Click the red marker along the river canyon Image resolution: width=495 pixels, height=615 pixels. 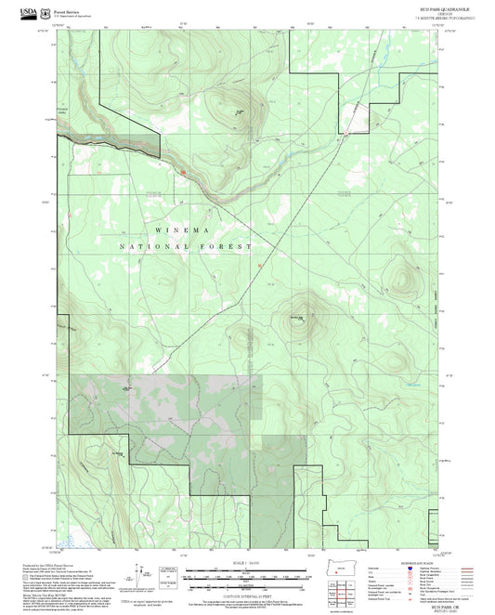(x=184, y=172)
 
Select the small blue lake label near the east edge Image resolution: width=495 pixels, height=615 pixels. (x=412, y=384)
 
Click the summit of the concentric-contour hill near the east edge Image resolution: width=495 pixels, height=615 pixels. (x=405, y=280)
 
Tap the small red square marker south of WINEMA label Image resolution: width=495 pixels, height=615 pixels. (x=259, y=267)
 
